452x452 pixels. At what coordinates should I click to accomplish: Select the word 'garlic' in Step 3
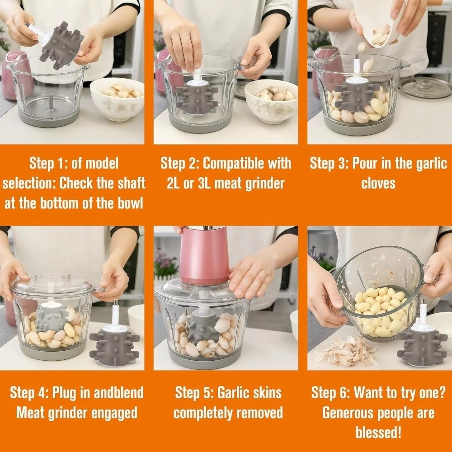[x=432, y=164]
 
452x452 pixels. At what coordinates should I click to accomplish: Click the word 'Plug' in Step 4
[x=64, y=393]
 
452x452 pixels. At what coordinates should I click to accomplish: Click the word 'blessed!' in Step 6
[x=378, y=433]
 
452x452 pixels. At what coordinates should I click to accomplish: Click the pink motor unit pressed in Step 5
[x=204, y=255]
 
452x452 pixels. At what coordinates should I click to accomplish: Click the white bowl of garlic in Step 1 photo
[x=118, y=99]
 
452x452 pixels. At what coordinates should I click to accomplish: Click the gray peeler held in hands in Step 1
[x=61, y=46]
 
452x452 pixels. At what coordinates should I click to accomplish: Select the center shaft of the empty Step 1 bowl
[x=51, y=102]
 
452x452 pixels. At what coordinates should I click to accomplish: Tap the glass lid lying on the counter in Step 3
[x=426, y=88]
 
